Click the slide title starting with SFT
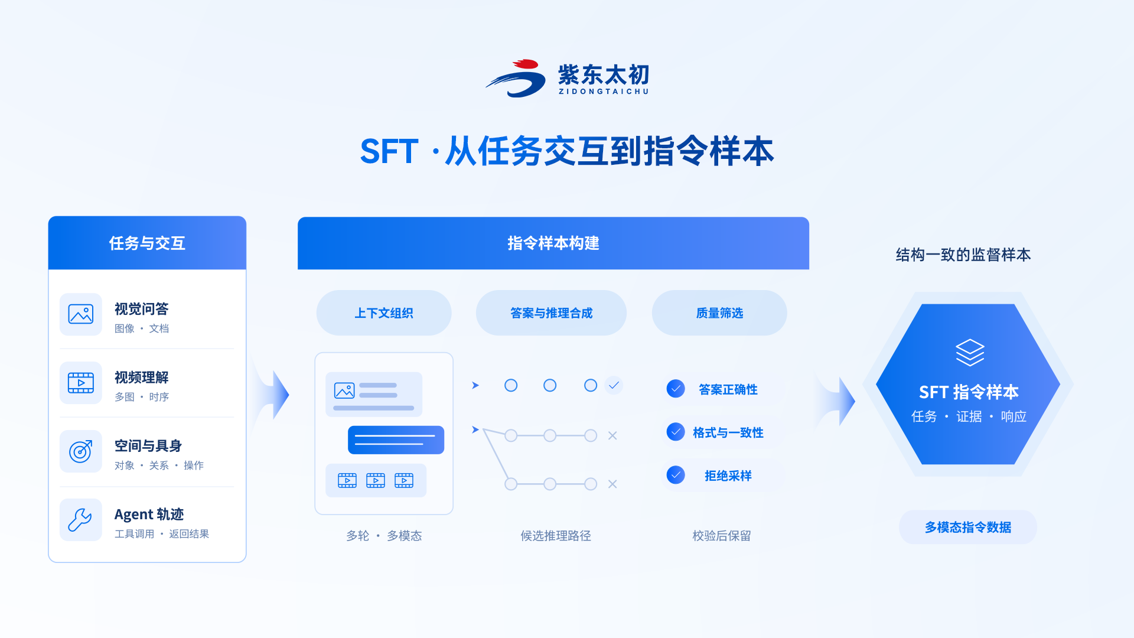(567, 151)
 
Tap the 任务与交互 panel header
(147, 243)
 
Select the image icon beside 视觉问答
(81, 314)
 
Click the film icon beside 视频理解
(81, 383)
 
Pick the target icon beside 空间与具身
(81, 451)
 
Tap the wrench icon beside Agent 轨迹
(81, 520)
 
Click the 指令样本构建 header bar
(553, 243)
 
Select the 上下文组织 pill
(384, 313)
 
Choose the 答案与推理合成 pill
(551, 313)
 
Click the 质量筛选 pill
(719, 313)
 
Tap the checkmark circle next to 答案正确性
(676, 389)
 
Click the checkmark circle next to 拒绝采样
(676, 475)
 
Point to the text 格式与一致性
(728, 432)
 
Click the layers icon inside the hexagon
(970, 353)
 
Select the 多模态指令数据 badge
(968, 527)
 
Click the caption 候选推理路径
(556, 536)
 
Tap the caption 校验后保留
(722, 536)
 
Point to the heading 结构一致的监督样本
(963, 255)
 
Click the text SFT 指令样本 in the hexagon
(969, 392)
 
